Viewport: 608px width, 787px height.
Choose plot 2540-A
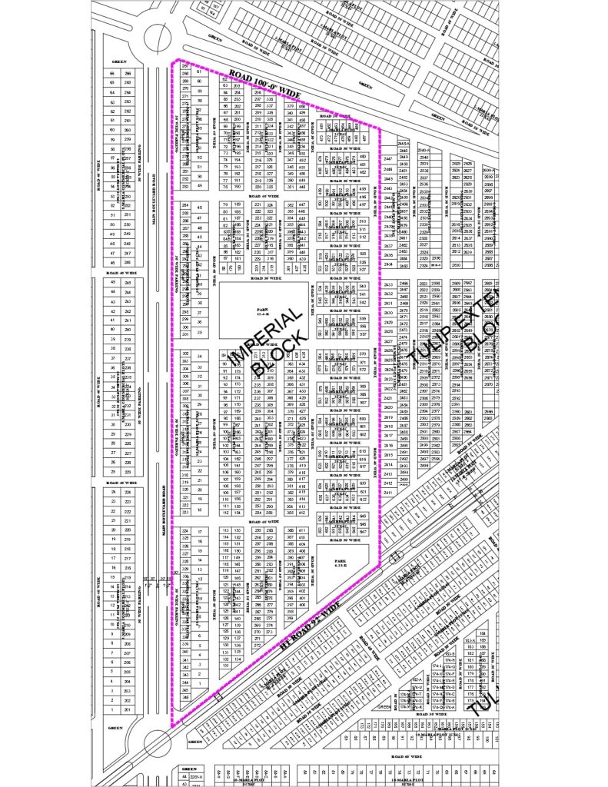pos(422,151)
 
